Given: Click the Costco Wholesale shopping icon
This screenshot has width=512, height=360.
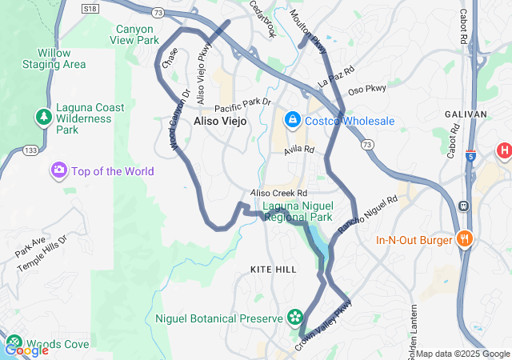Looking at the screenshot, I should [293, 121].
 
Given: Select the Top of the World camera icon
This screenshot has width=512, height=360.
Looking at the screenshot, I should [58, 170].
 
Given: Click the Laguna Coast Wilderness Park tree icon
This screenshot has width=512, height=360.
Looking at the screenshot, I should [42, 118].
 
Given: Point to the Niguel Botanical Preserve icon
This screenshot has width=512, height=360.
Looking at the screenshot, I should [295, 318].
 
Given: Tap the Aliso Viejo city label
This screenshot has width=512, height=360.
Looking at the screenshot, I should [220, 121].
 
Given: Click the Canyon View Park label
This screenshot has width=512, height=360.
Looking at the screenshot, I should [134, 34].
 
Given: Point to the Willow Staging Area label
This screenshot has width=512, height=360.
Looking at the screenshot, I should [54, 58].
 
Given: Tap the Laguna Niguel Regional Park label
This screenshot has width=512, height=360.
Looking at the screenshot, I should [297, 211].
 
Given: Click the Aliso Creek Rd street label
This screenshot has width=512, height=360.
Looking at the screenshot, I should [278, 194].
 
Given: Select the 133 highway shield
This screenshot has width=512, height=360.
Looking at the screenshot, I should [31, 150].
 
